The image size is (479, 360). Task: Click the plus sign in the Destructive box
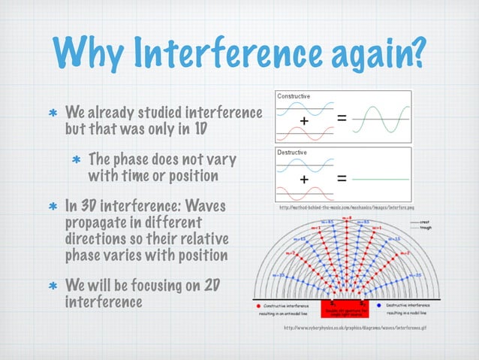tap(304, 179)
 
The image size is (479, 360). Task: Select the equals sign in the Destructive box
tap(342, 179)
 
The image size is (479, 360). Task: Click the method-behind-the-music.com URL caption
tap(346, 207)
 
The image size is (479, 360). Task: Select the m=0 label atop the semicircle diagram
tap(346, 218)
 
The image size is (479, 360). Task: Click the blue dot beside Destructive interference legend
tap(380, 307)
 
